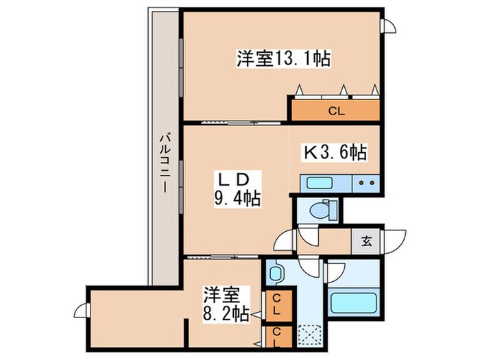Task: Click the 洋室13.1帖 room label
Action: pyautogui.click(x=283, y=60)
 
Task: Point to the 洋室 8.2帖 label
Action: pyautogui.click(x=223, y=305)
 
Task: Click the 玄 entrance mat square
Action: pyautogui.click(x=367, y=241)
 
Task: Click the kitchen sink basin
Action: pyautogui.click(x=319, y=184)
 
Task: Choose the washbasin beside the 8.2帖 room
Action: pyautogui.click(x=277, y=274)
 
